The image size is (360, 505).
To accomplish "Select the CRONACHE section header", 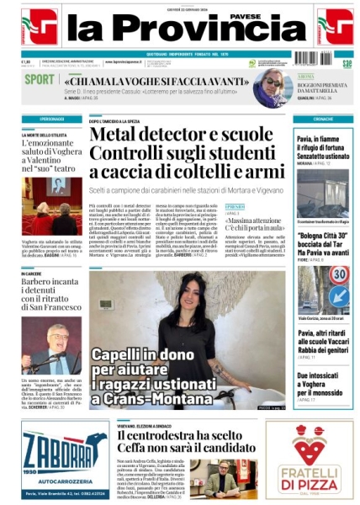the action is pyautogui.click(x=306, y=120).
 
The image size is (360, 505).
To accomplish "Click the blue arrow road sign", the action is pyautogui.click(x=339, y=295).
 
